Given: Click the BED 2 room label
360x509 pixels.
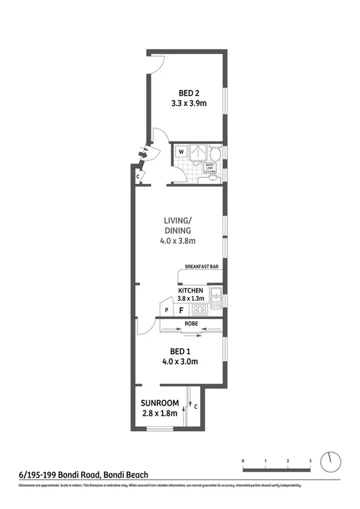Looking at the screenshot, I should click(x=189, y=93).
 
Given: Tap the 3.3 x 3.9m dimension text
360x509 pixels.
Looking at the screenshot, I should click(x=189, y=103).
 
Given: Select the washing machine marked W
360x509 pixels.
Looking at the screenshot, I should click(x=181, y=152).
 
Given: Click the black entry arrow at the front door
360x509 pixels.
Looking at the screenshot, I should click(x=141, y=154).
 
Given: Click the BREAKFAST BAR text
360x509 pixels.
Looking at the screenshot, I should click(x=202, y=267).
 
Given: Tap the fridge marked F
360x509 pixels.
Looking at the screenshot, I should click(x=181, y=310).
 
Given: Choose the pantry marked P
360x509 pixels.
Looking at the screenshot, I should click(x=167, y=311).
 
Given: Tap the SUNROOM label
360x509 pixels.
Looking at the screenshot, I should click(x=159, y=403).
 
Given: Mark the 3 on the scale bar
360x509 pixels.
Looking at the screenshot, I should click(x=310, y=460).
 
